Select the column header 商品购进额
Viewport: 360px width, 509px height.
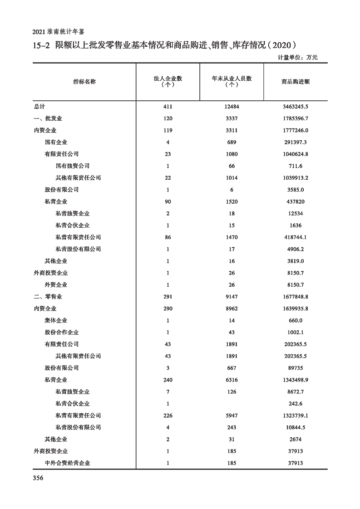295,82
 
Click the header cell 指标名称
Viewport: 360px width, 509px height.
84,82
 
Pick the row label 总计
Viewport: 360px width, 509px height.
39,107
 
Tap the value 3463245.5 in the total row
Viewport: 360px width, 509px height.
295,107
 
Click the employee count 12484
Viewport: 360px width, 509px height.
232,107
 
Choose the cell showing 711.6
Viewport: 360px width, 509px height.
295,166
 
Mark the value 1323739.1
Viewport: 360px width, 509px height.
295,416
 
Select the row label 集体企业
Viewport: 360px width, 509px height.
56,321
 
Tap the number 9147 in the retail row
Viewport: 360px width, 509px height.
232,297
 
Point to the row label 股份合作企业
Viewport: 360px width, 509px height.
61,333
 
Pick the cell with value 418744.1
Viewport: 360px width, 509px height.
295,237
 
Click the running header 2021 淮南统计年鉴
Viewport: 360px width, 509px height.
59,33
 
